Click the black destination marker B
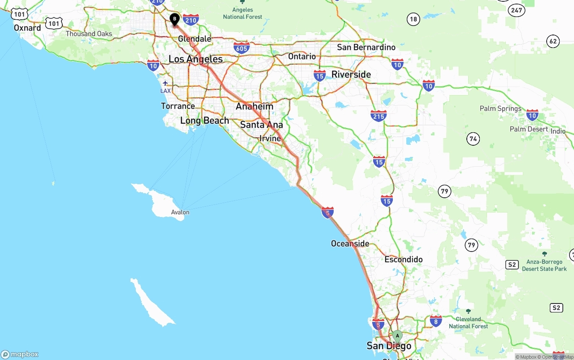(x=174, y=19)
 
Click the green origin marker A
(x=397, y=336)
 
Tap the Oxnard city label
(x=27, y=28)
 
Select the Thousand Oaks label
(x=89, y=34)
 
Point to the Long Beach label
(x=204, y=121)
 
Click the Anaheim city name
(x=255, y=107)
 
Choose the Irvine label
(x=270, y=139)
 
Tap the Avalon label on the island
(x=180, y=212)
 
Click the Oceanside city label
(x=350, y=243)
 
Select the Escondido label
(x=404, y=260)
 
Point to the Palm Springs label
(x=500, y=108)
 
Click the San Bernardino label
(x=366, y=47)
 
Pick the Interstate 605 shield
(x=241, y=47)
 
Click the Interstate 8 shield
(x=435, y=320)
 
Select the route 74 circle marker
(x=473, y=139)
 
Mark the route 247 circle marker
(x=517, y=9)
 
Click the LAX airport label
(x=165, y=91)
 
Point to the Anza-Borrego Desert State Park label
(x=544, y=265)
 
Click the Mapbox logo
(x=20, y=354)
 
